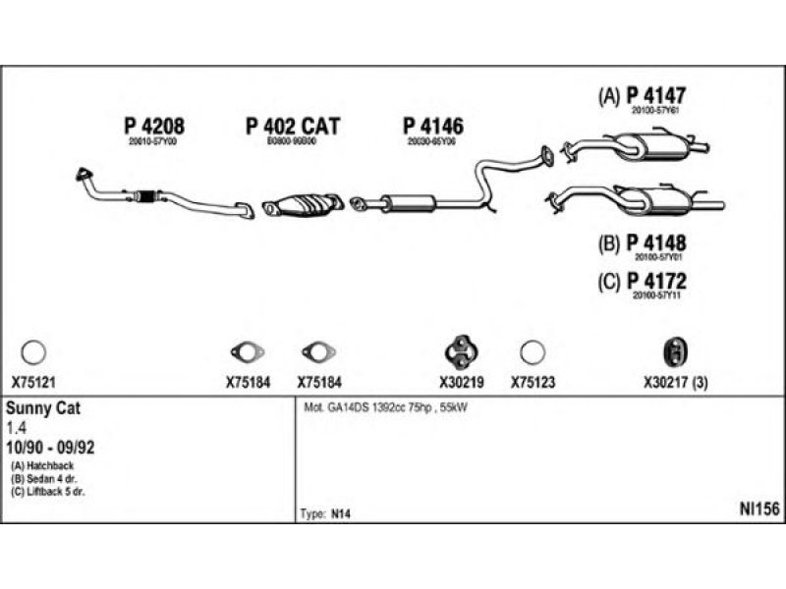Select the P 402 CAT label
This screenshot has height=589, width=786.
(292, 127)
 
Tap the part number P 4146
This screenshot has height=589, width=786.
(432, 127)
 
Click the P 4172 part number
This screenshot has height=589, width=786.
(655, 282)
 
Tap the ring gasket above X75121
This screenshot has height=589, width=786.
(33, 351)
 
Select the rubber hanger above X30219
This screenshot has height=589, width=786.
(459, 349)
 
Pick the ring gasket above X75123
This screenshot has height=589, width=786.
(532, 351)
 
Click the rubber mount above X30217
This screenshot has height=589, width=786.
(675, 350)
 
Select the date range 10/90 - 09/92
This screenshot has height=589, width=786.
(52, 446)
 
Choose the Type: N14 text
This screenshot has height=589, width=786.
(323, 513)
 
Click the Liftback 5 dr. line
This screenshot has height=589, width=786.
(48, 490)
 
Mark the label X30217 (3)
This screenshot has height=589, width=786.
(676, 383)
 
